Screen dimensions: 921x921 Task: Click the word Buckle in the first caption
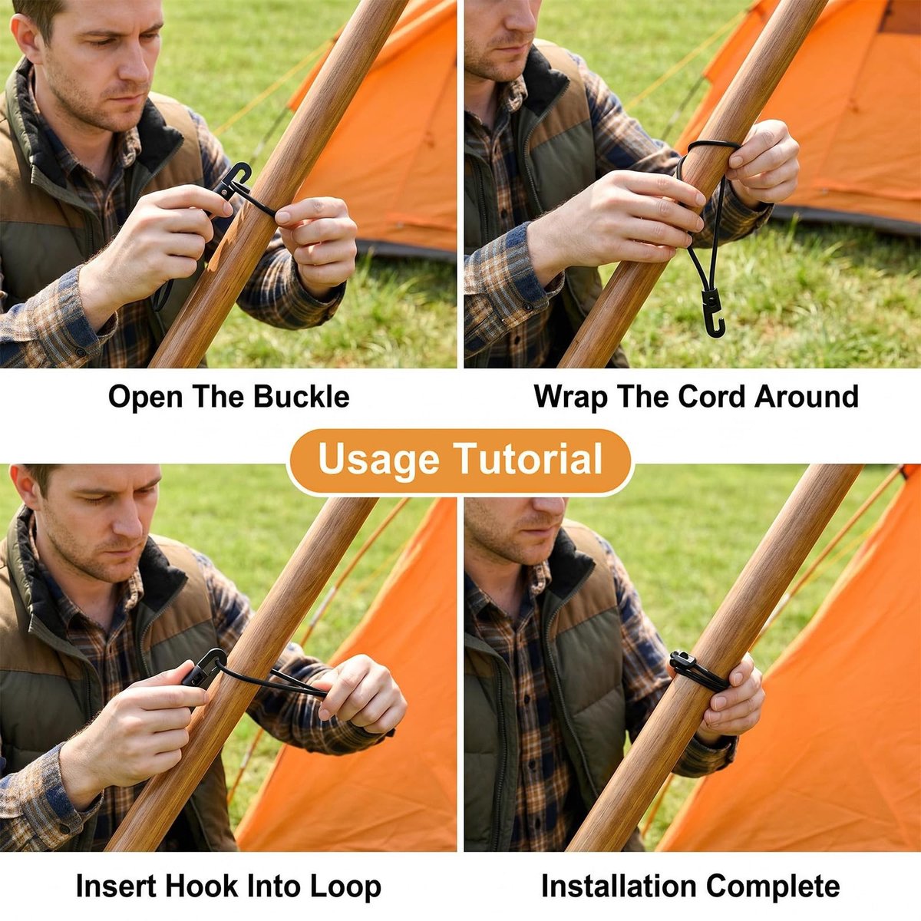click(x=301, y=397)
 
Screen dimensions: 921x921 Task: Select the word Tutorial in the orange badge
click(x=527, y=459)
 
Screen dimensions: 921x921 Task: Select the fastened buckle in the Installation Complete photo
click(x=682, y=661)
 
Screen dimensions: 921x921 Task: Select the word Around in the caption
click(x=807, y=397)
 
